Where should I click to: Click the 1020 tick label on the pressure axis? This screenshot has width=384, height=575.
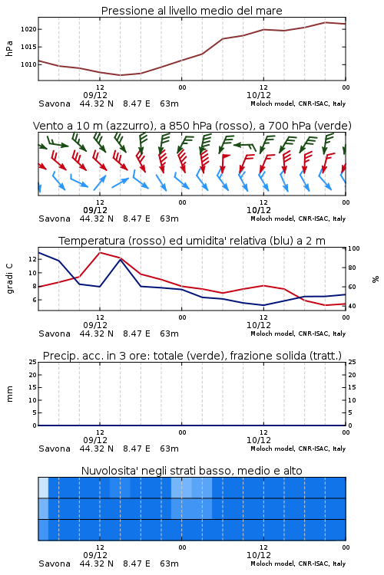tap(28, 29)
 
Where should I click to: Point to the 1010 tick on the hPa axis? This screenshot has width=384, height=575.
tap(28, 64)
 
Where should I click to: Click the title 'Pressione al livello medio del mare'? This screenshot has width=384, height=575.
tap(192, 11)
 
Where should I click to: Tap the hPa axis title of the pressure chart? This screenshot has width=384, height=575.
tap(9, 48)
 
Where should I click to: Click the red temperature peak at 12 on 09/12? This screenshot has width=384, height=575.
tap(100, 253)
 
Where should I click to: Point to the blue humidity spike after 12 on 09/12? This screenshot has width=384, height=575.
tap(121, 260)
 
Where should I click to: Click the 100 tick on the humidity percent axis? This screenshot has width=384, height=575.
tap(354, 248)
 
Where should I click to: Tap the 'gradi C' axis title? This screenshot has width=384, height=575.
tap(9, 279)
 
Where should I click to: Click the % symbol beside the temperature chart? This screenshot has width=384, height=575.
tap(376, 279)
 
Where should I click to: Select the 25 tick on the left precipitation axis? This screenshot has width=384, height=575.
tap(33, 363)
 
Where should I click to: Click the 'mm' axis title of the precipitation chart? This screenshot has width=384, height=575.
tap(9, 394)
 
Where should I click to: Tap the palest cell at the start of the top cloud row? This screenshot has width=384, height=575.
tap(43, 488)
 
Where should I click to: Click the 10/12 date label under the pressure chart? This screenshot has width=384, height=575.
tap(259, 95)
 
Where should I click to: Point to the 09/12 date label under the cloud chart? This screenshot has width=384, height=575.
tap(95, 555)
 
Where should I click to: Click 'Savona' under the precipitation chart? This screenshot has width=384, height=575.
tap(55, 449)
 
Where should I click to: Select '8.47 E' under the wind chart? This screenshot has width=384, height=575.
tap(137, 219)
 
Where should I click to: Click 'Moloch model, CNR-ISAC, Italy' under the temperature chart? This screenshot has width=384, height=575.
tap(298, 333)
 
